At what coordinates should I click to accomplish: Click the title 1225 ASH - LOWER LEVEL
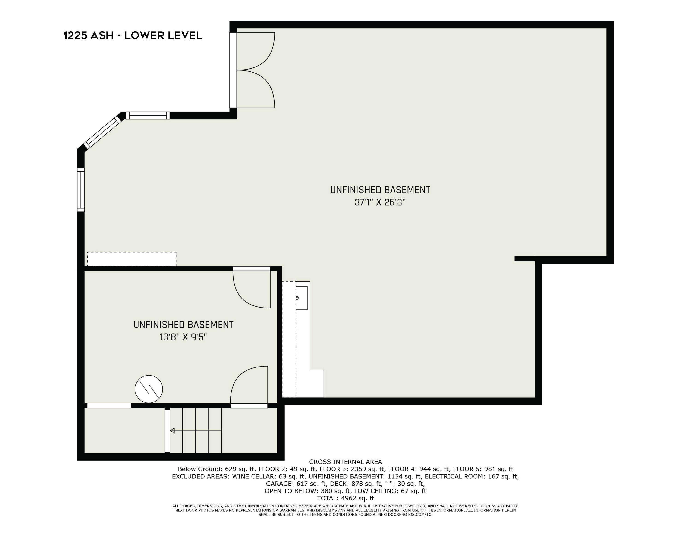coord(133,35)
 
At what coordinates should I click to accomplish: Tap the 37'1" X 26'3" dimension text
coord(380,202)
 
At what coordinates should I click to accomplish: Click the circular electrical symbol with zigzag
coord(149,389)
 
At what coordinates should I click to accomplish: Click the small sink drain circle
coord(297,298)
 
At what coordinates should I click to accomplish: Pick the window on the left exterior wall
coord(81,190)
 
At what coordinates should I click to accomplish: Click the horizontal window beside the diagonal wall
coord(148,116)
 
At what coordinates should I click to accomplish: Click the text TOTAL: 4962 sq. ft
coord(345,498)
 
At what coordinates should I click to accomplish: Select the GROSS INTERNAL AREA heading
coord(345,462)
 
